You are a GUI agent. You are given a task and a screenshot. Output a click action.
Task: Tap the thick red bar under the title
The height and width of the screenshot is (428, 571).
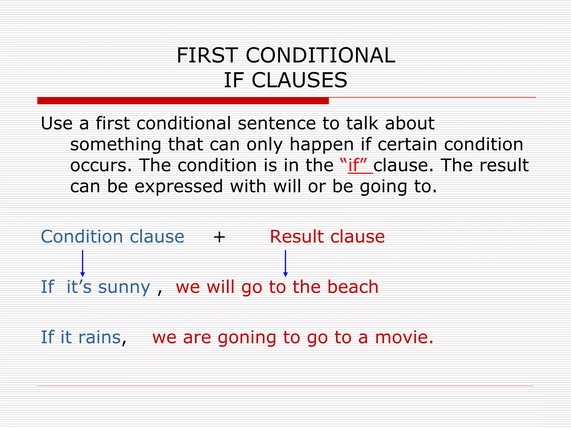click(x=183, y=101)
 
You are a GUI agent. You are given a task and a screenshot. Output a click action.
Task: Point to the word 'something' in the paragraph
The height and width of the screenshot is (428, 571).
click(x=115, y=145)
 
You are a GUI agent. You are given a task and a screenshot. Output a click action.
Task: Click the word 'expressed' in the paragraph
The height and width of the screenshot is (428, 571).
click(x=179, y=186)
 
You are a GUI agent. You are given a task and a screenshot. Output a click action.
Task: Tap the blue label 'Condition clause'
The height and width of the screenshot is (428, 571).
click(x=112, y=237)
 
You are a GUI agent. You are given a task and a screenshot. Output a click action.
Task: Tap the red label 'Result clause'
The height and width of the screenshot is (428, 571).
click(x=327, y=237)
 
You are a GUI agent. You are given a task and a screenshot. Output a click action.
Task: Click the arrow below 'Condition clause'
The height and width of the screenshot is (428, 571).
click(x=83, y=263)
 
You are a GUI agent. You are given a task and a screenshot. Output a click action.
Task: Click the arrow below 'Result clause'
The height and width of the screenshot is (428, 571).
click(x=285, y=263)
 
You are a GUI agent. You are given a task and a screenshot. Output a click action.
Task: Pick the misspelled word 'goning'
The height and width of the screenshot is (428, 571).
click(x=246, y=338)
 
